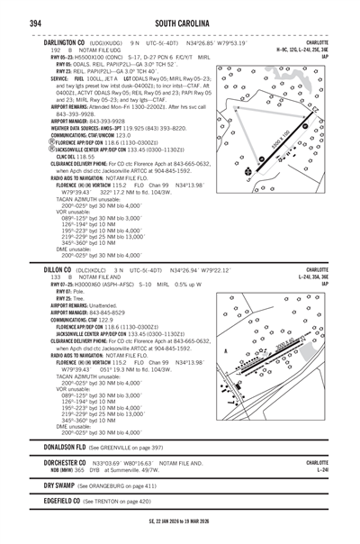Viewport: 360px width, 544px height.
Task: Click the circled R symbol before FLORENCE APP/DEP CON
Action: point(47,142)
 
